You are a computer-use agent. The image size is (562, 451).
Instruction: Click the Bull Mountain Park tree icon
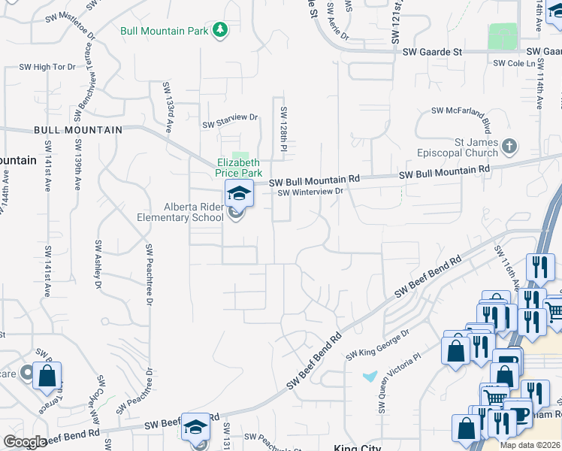pyautogui.click(x=219, y=30)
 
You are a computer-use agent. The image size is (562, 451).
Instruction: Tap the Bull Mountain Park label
pyautogui.click(x=165, y=31)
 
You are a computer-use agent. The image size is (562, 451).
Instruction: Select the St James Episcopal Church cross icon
pyautogui.click(x=509, y=145)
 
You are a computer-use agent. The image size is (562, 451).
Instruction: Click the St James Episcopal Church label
pyautogui.click(x=458, y=147)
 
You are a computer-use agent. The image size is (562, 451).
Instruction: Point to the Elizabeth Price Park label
pyautogui.click(x=237, y=168)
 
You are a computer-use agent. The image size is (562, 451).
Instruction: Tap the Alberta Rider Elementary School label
pyautogui.click(x=194, y=213)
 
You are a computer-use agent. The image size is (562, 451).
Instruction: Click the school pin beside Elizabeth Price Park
pyautogui.click(x=239, y=194)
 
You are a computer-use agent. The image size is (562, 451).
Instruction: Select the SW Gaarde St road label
pyautogui.click(x=431, y=52)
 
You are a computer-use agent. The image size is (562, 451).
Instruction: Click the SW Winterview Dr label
pyautogui.click(x=310, y=192)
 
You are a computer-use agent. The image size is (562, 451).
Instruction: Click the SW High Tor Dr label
pyautogui.click(x=55, y=67)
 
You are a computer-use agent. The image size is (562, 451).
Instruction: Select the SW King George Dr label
pyautogui.click(x=377, y=342)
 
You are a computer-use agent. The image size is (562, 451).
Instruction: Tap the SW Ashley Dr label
pyautogui.click(x=98, y=265)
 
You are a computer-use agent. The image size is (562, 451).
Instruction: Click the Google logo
pyautogui.click(x=25, y=442)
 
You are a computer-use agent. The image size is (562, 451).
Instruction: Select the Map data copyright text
pyautogui.click(x=530, y=445)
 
